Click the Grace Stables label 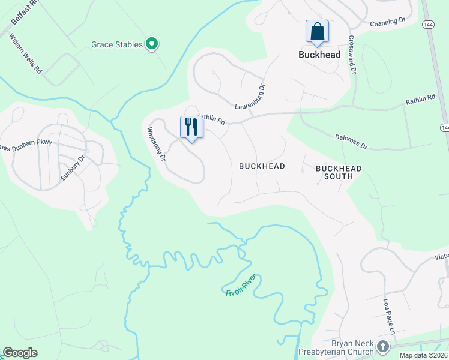click(x=117, y=44)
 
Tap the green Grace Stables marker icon click(x=152, y=44)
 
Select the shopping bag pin click(x=317, y=31)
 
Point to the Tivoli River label click(x=241, y=284)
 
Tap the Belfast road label click(x=24, y=12)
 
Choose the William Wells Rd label click(x=25, y=53)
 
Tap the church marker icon click(x=383, y=347)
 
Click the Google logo click(x=20, y=353)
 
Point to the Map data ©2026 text click(x=423, y=355)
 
